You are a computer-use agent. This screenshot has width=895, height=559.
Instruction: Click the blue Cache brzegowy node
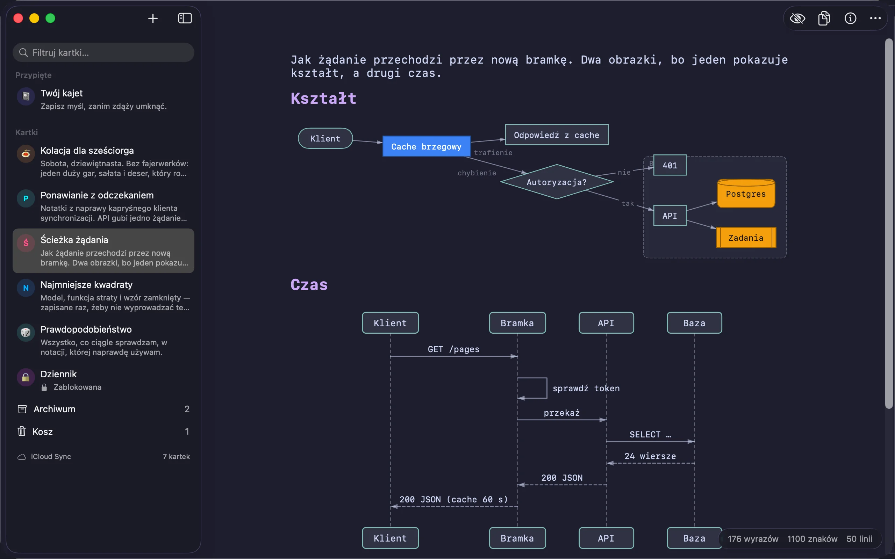pos(427,146)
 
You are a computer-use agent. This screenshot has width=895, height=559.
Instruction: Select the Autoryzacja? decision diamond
pos(557,182)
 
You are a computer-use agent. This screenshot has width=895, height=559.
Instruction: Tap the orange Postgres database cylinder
pos(746,193)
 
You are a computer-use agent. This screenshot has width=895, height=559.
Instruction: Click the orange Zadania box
pos(746,238)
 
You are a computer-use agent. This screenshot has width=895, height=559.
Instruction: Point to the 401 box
pos(670,165)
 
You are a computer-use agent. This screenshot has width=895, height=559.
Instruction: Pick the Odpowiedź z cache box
pos(557,135)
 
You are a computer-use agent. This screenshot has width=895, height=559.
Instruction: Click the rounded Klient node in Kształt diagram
pos(325,138)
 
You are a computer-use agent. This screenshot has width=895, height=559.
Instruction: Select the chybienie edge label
pos(477,173)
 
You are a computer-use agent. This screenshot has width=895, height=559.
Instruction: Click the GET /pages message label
pos(453,349)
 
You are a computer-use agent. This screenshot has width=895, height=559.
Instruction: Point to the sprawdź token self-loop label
pos(586,388)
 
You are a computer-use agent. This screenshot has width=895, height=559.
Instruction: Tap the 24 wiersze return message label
pos(650,456)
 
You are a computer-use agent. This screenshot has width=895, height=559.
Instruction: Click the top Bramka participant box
pos(517,323)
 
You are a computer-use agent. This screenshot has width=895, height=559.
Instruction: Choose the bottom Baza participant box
pos(694,538)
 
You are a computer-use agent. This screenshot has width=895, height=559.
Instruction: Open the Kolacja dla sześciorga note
pos(103,161)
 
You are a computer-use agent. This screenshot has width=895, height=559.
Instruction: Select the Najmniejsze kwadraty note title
pos(87,285)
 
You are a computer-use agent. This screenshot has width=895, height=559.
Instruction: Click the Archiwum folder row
pos(103,409)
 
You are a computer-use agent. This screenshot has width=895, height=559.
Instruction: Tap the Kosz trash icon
pos(22,431)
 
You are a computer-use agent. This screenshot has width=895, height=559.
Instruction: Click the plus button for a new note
pos(153,18)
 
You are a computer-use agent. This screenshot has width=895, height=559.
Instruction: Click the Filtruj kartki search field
pos(103,52)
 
